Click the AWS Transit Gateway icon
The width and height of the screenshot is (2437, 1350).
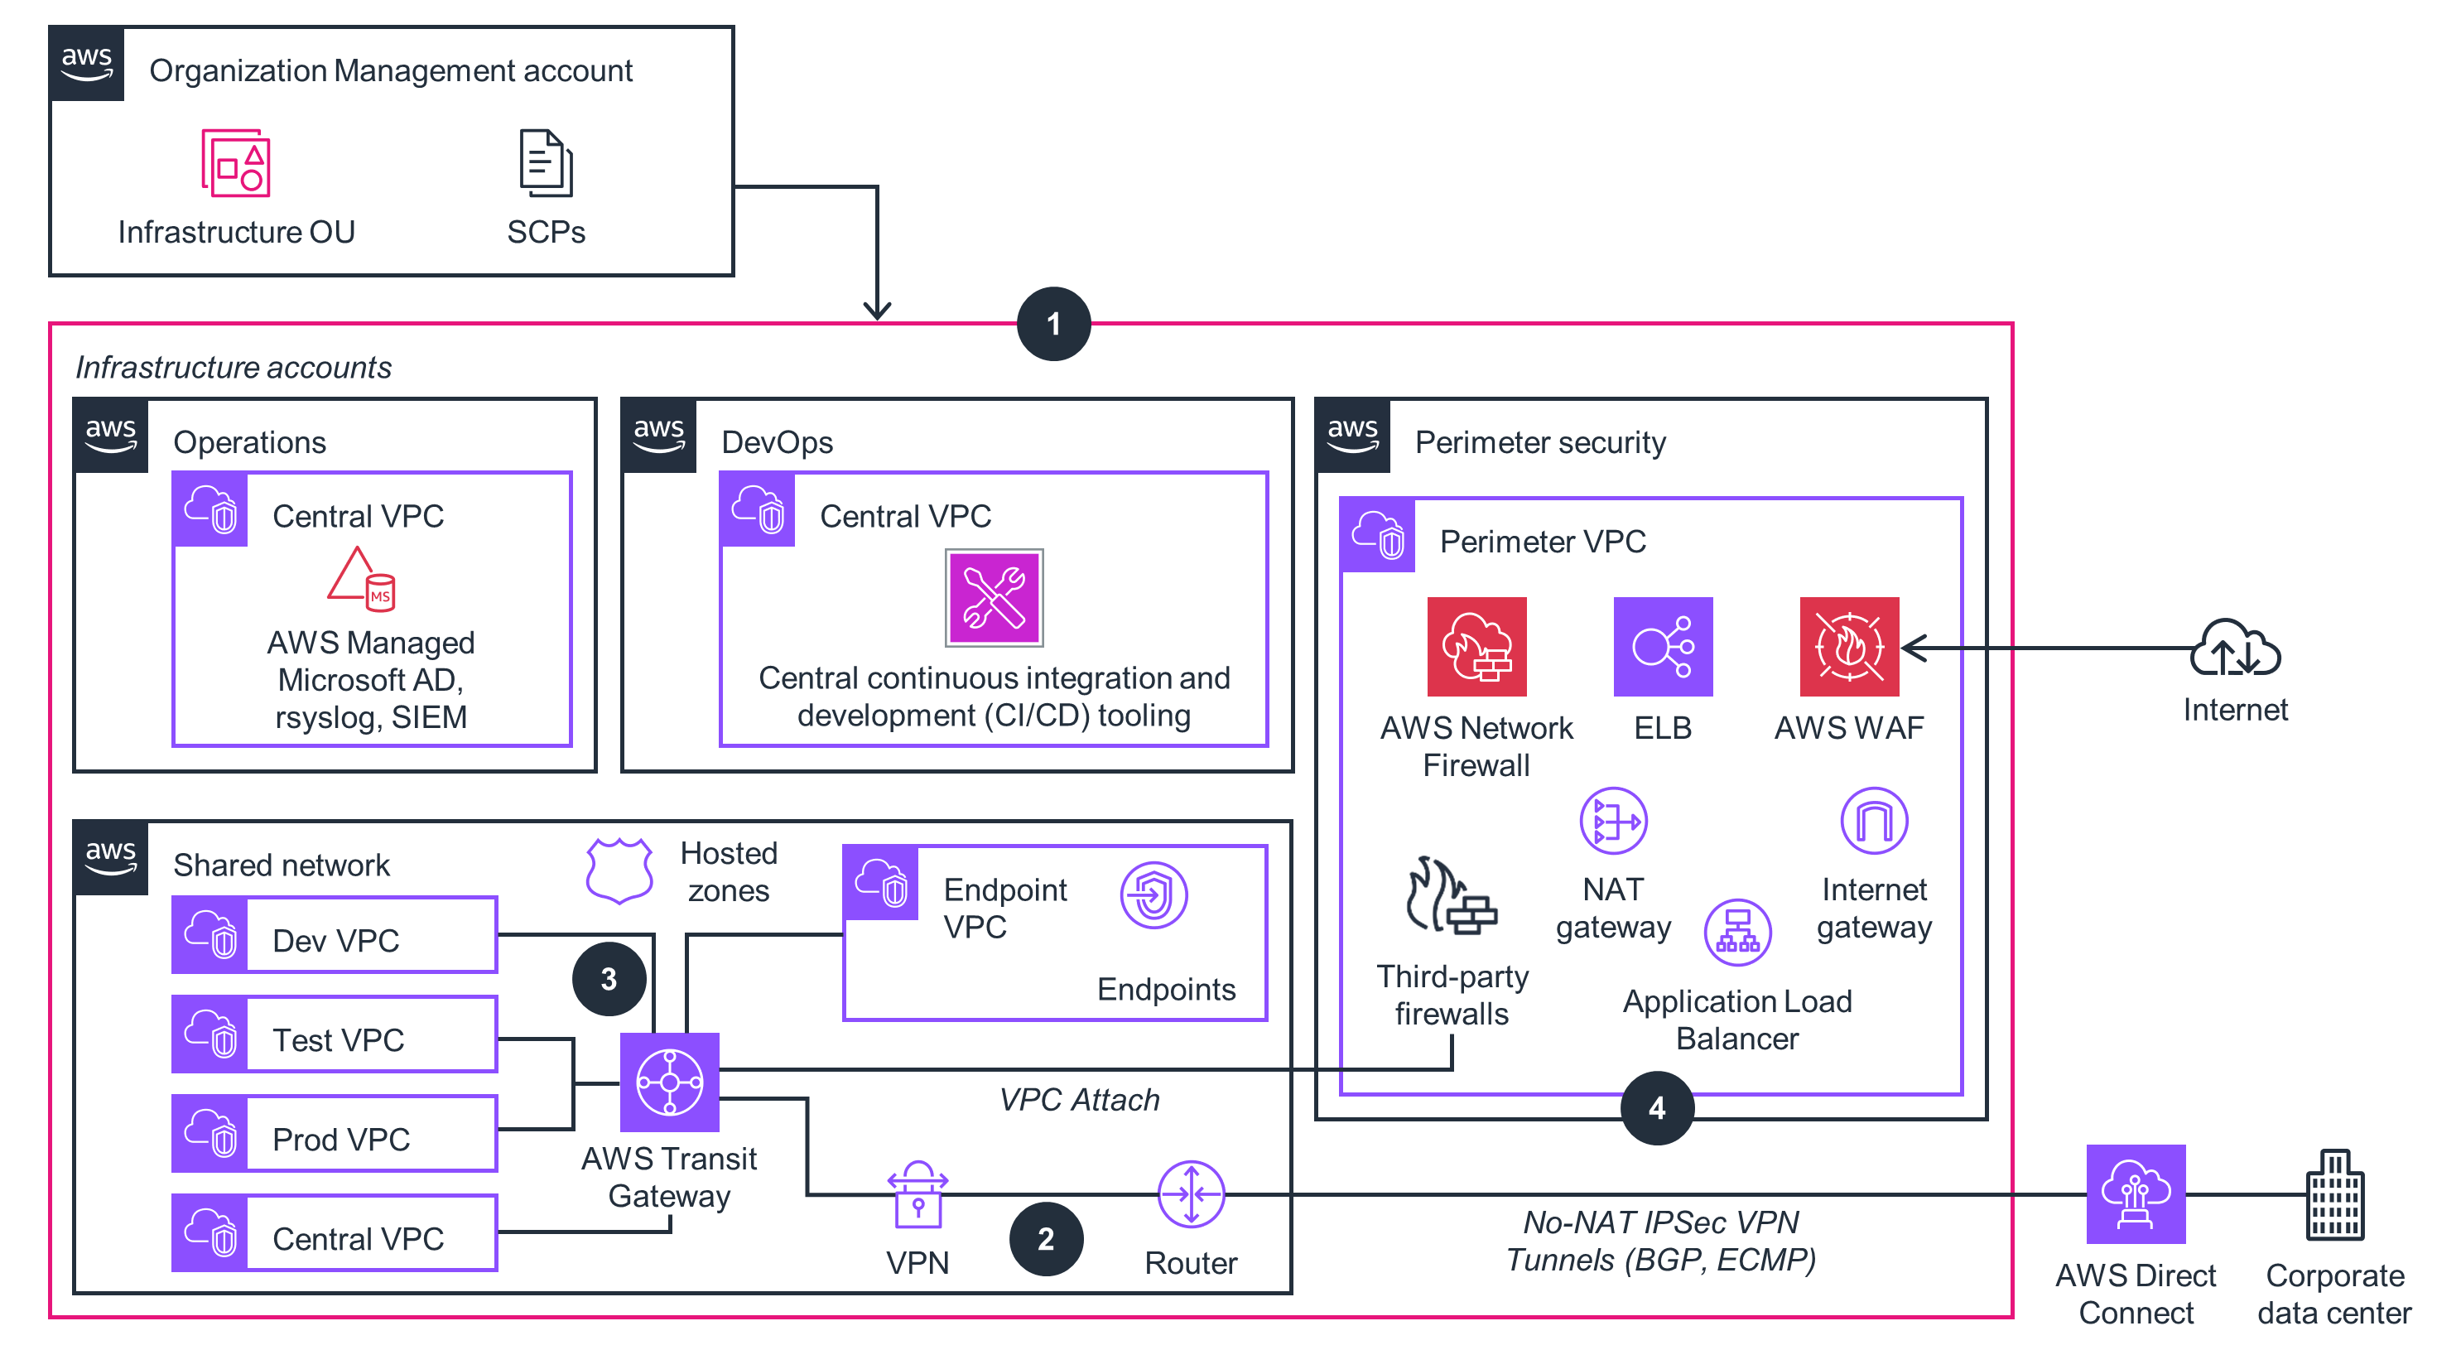click(669, 1082)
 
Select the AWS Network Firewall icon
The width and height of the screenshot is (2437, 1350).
click(1476, 646)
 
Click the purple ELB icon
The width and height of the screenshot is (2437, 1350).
click(1662, 646)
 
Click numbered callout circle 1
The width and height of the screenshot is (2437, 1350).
click(1053, 324)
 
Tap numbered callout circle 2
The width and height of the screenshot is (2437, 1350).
click(1045, 1238)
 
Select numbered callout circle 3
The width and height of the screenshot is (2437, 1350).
click(609, 978)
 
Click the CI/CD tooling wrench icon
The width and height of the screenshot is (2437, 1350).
click(994, 598)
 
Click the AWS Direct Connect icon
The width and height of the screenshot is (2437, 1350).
click(2136, 1194)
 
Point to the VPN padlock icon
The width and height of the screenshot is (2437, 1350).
click(917, 1195)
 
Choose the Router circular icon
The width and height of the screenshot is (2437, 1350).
click(1190, 1194)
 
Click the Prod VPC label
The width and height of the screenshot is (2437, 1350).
click(340, 1139)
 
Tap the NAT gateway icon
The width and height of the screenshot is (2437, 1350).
click(1613, 820)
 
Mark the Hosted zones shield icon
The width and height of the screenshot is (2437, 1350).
click(619, 870)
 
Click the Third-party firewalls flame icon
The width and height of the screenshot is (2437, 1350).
click(1450, 896)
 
